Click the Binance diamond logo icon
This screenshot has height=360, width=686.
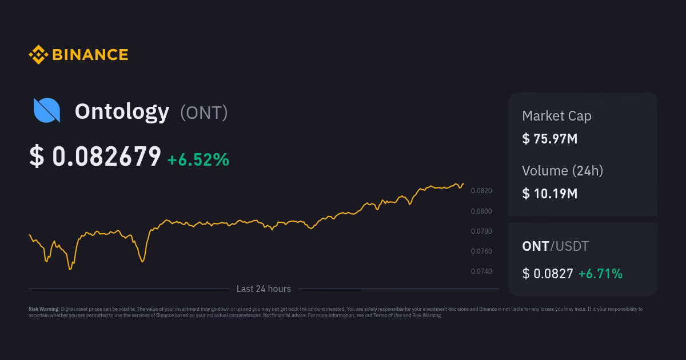coord(38,55)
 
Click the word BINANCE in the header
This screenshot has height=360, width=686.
coord(90,55)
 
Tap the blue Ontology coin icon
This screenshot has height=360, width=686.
coord(47,110)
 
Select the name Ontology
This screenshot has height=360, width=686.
coord(122,111)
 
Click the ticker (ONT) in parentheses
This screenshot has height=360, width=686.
coord(204,113)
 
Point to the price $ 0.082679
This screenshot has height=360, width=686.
coord(95,157)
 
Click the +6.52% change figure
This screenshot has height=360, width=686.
coord(198,159)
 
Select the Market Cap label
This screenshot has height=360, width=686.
coord(557,116)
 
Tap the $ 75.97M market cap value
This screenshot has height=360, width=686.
coord(550,138)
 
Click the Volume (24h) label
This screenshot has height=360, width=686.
coord(563,170)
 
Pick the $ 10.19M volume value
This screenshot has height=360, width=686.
coord(550,193)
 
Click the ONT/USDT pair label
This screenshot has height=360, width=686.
coord(555,246)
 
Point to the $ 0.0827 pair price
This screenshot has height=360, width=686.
coord(548,274)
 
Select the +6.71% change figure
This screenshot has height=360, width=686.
coord(600,274)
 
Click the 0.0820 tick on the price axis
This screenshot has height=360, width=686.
coord(481,191)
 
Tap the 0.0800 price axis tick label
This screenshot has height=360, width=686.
coord(481,211)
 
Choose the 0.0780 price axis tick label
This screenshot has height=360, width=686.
coord(481,231)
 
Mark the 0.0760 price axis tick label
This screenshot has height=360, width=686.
coord(481,251)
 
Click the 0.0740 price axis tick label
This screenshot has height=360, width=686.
coord(481,271)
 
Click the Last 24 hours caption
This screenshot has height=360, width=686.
coord(264,289)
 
